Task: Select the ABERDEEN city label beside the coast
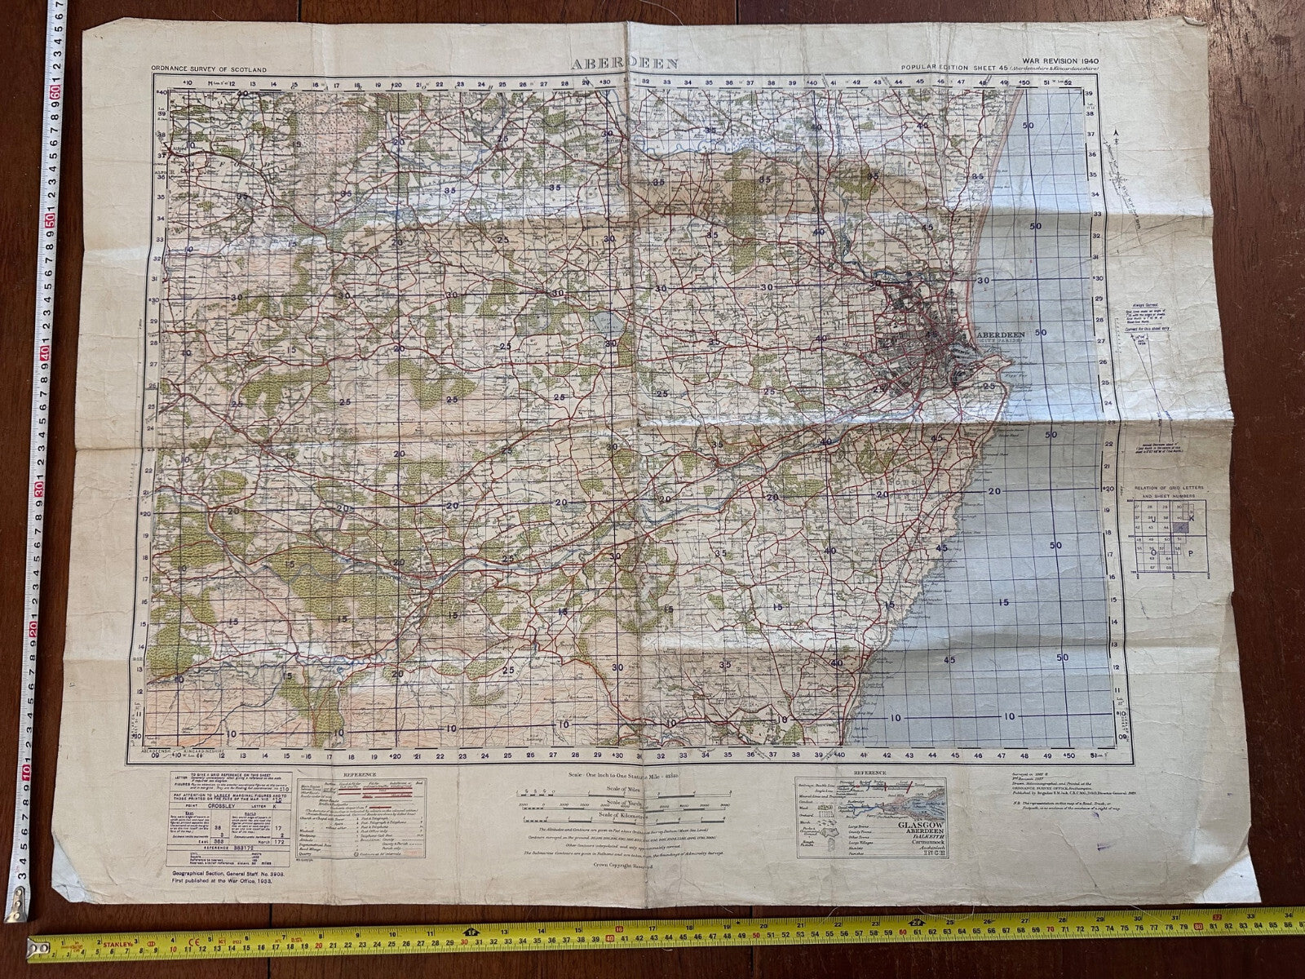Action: pos(1003,334)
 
